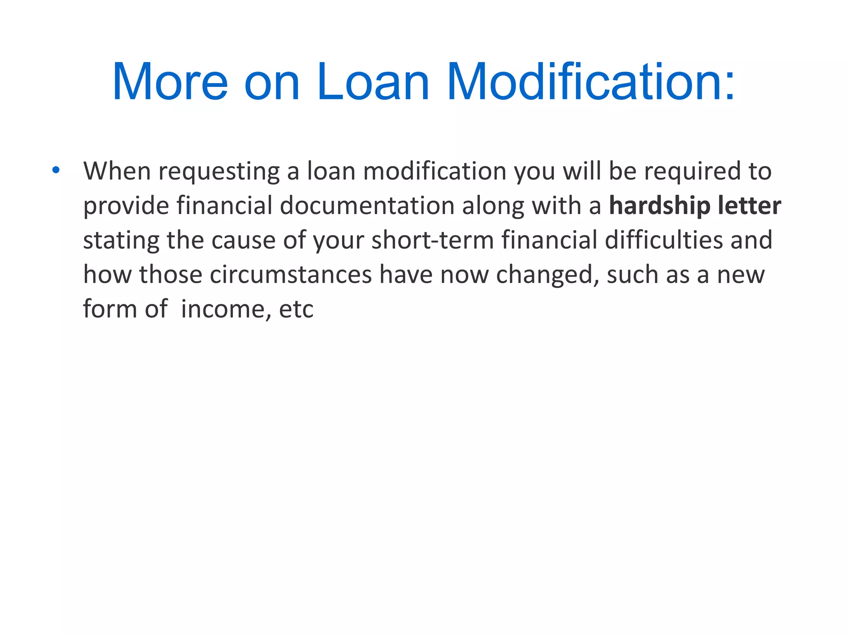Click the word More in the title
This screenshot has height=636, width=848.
pyautogui.click(x=170, y=82)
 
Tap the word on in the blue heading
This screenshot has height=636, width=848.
pyautogui.click(x=272, y=82)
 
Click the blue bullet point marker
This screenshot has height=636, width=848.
pyautogui.click(x=56, y=170)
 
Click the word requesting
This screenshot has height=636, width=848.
pyautogui.click(x=219, y=171)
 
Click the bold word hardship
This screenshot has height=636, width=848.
pyautogui.click(x=660, y=206)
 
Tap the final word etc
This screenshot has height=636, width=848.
pyautogui.click(x=296, y=309)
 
